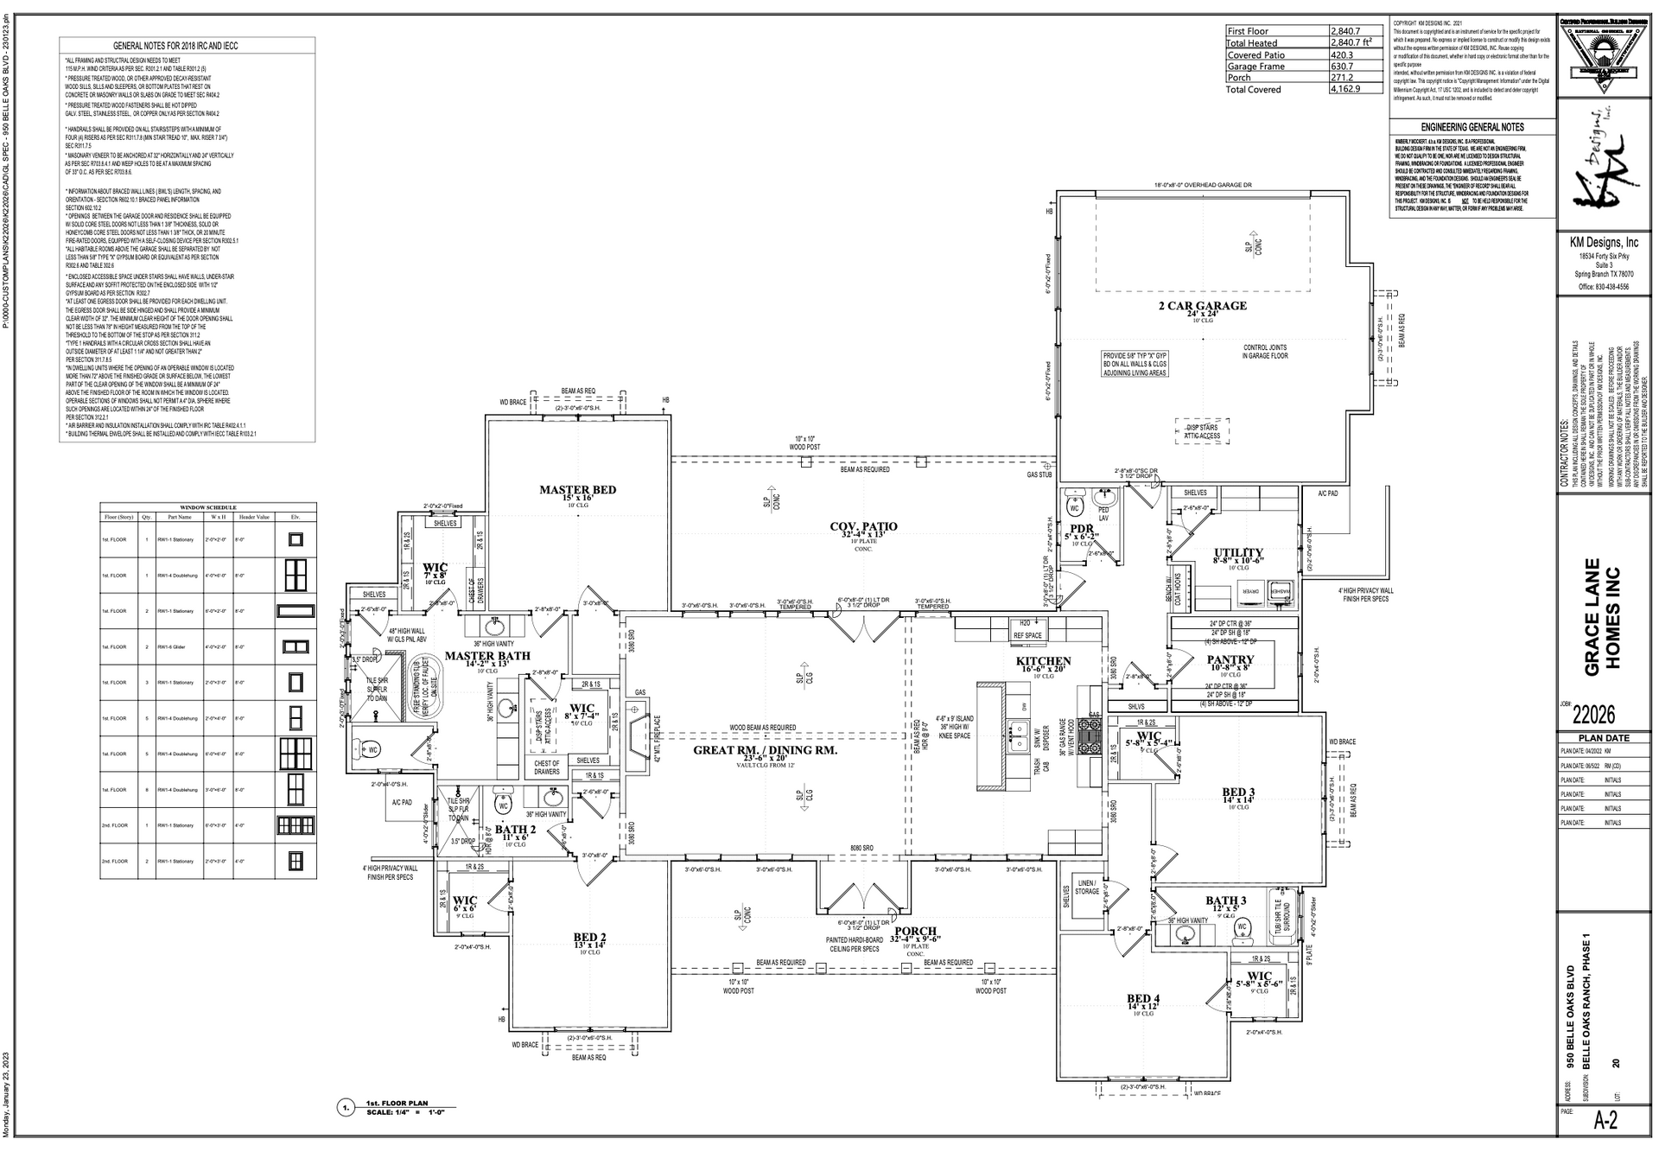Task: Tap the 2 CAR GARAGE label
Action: click(x=1203, y=306)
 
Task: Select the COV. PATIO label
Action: click(x=863, y=526)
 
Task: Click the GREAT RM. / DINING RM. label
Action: click(x=765, y=751)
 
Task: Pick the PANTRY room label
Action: click(x=1230, y=659)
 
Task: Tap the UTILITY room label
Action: click(x=1238, y=553)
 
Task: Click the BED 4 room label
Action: click(x=1143, y=999)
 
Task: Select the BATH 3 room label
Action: click(x=1226, y=901)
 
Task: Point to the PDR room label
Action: click(x=1081, y=529)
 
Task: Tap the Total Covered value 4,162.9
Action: click(x=1345, y=89)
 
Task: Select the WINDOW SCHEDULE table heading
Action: click(x=207, y=507)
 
